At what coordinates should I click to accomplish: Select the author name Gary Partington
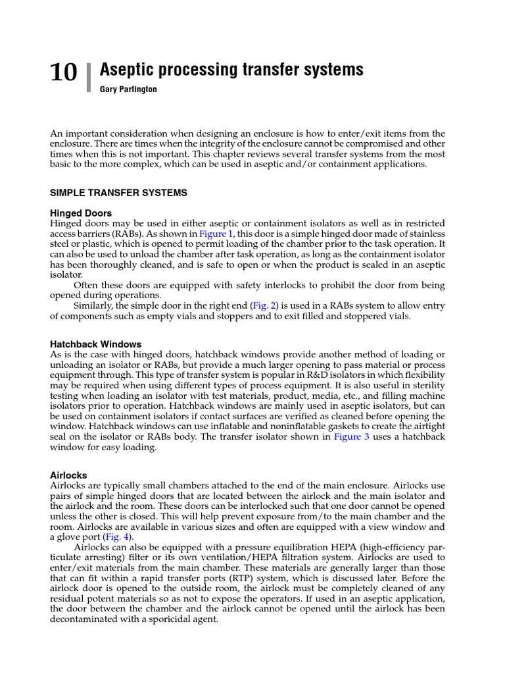click(x=128, y=90)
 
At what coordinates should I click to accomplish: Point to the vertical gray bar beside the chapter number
click(x=88, y=76)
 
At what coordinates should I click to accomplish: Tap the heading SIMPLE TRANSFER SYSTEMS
click(x=118, y=193)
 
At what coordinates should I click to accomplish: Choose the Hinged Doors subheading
click(x=81, y=213)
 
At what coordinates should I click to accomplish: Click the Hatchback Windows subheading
click(x=96, y=344)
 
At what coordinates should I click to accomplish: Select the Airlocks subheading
click(x=68, y=475)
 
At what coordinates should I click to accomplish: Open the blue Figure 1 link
click(x=216, y=234)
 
